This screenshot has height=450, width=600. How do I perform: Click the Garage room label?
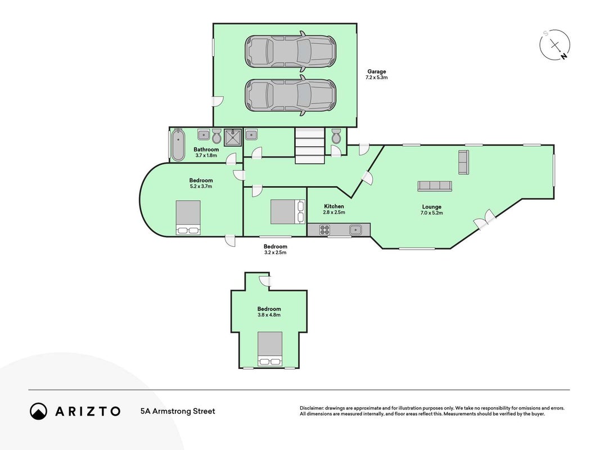point(377,71)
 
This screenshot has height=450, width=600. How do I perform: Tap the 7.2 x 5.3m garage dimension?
point(377,77)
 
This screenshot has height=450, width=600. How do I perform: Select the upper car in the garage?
point(290,52)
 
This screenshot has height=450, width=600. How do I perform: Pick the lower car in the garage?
point(290,95)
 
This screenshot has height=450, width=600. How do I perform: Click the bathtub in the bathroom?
point(178,145)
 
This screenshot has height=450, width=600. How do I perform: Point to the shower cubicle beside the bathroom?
point(233,137)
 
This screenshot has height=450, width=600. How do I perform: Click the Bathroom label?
point(206,149)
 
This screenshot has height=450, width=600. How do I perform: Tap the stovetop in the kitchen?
point(324,229)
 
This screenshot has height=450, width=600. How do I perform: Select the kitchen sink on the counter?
point(355,229)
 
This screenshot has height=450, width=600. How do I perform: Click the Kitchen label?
point(334,206)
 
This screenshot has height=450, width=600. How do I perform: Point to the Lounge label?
point(432,207)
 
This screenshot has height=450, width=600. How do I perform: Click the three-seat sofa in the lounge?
point(435,186)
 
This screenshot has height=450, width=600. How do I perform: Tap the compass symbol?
point(555,45)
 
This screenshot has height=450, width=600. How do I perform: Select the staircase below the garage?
point(310,146)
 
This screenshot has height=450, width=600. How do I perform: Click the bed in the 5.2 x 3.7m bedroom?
point(188,217)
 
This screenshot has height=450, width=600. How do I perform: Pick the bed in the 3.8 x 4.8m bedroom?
point(270,349)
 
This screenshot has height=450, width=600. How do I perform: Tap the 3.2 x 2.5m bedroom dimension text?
point(276,253)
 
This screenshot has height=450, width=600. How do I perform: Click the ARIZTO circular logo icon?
point(39,411)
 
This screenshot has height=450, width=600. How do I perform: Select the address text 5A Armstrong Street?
point(178,411)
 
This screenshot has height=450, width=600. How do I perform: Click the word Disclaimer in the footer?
point(312,408)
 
